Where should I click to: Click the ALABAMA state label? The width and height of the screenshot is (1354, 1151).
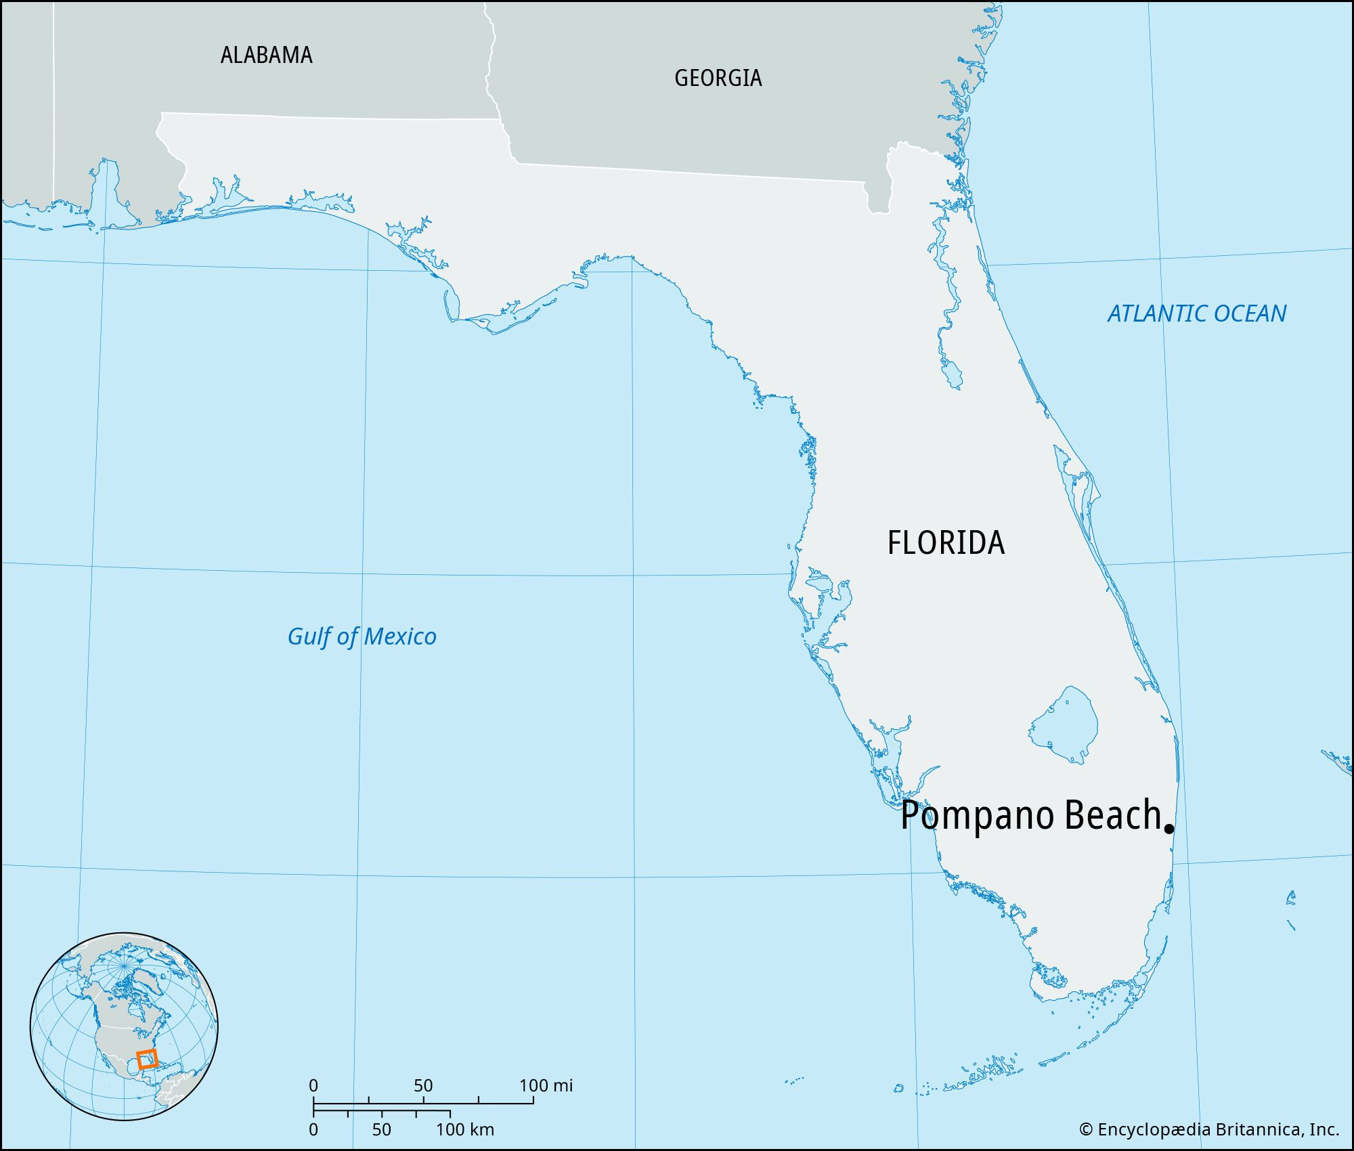[x=266, y=55]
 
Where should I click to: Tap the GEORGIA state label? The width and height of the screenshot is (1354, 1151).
[x=718, y=78]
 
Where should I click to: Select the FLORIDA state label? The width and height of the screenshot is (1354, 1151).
[x=946, y=542]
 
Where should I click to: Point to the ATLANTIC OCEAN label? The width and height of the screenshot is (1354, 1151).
[x=1196, y=313]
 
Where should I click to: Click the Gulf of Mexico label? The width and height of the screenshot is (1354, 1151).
[x=362, y=636]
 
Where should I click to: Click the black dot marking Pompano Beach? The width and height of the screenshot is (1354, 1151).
[x=1169, y=828]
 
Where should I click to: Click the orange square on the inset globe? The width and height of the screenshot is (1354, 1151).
[x=147, y=1059]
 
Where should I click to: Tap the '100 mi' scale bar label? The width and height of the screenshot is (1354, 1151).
[x=546, y=1085]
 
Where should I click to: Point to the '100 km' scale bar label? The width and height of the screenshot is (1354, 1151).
[x=464, y=1129]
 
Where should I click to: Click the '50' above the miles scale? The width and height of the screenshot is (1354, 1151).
[x=423, y=1085]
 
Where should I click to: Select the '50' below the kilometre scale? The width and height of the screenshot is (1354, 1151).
[x=381, y=1129]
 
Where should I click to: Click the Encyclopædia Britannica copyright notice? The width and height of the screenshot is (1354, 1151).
[x=1208, y=1129]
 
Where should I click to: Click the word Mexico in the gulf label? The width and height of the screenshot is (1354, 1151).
[x=399, y=636]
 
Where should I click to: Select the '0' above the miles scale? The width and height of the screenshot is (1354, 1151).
[x=313, y=1085]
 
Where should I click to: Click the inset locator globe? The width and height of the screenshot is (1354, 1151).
[x=124, y=1026]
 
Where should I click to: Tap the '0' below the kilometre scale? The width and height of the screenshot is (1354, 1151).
[x=313, y=1129]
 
